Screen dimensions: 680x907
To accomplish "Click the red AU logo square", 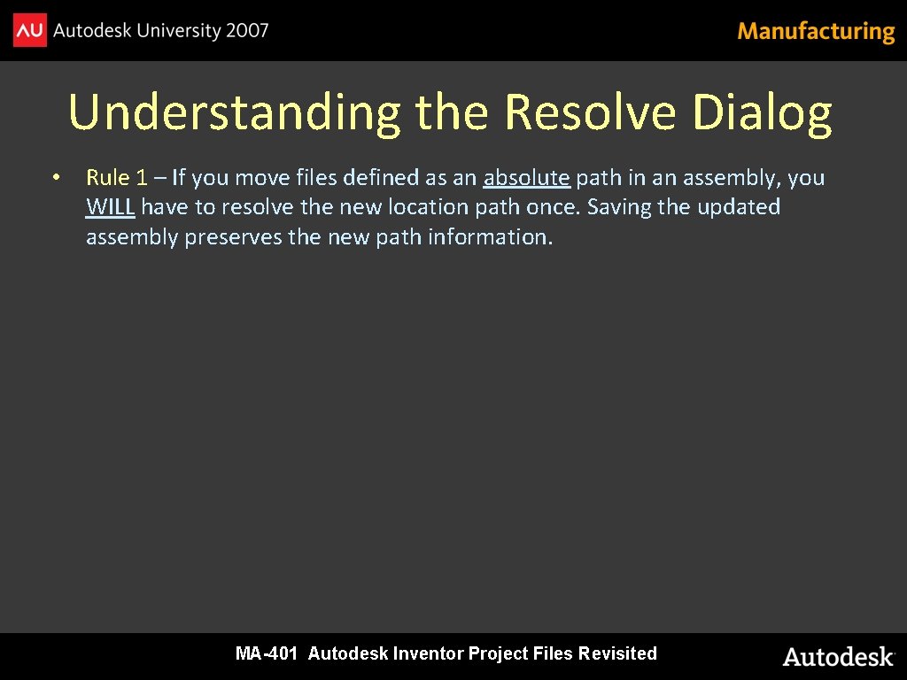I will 29,31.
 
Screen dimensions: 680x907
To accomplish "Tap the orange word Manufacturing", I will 816,32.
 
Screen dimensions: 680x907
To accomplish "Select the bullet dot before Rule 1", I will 55,178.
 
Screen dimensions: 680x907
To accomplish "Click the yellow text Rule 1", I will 117,178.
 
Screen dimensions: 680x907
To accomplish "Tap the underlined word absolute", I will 526,178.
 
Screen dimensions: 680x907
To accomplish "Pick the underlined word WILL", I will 110,207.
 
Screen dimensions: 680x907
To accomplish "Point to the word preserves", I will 233,237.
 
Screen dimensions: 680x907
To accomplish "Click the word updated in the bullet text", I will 738,207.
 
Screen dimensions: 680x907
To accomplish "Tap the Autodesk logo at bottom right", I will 838,657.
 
